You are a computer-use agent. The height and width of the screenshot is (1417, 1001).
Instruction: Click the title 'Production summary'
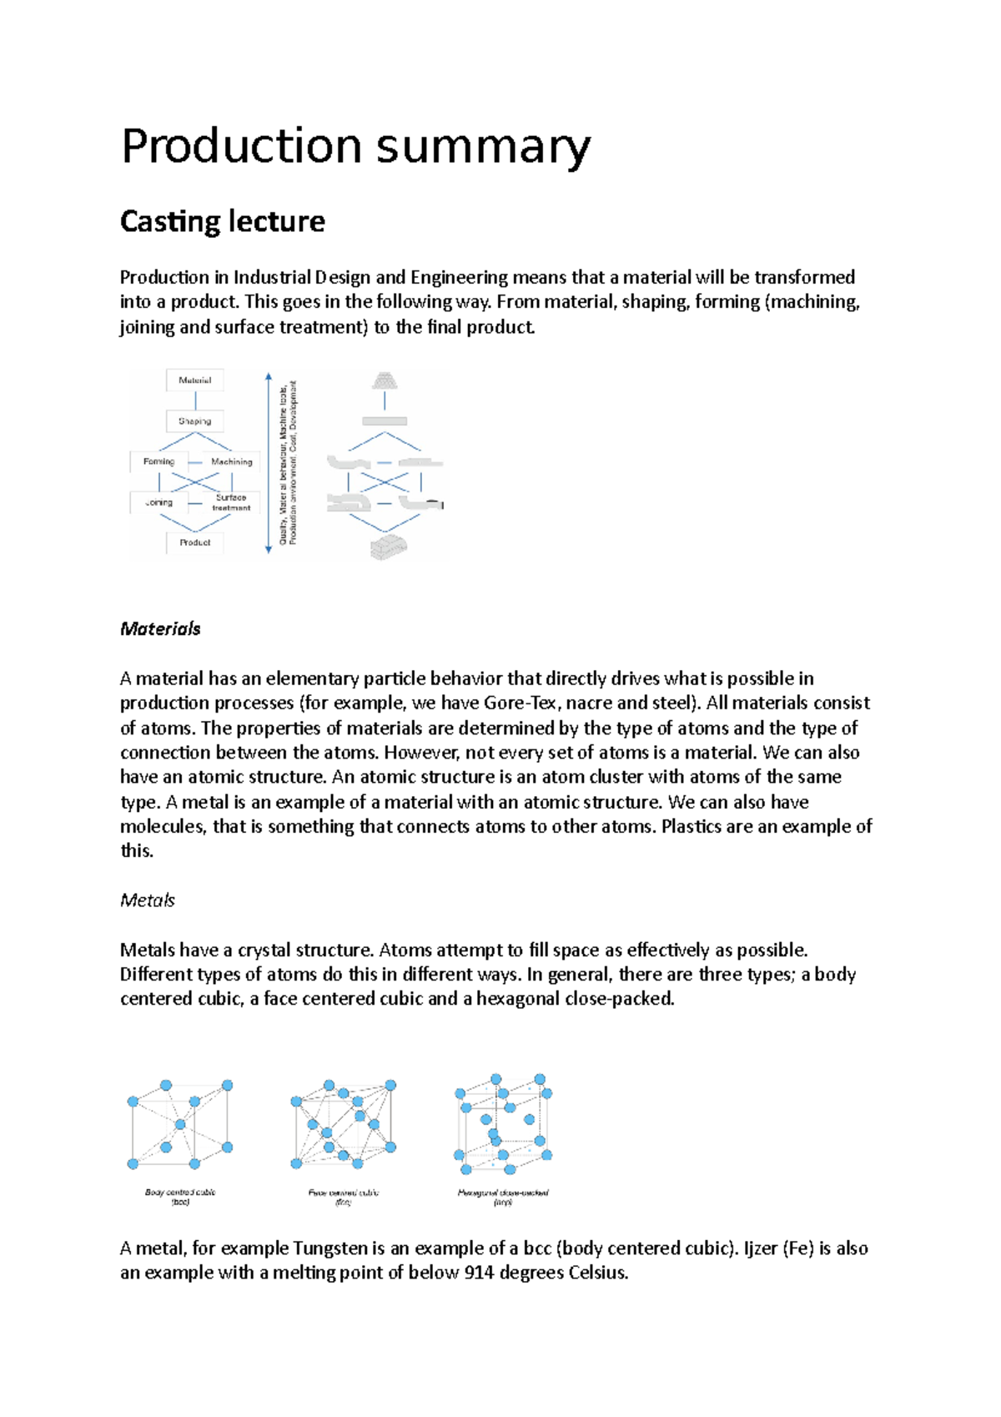click(x=356, y=146)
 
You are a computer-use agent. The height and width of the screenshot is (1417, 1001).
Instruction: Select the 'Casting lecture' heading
click(x=222, y=221)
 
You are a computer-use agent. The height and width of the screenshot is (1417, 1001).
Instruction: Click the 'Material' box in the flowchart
click(x=195, y=381)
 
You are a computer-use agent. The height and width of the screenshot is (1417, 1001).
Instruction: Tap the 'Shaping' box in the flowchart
click(x=195, y=421)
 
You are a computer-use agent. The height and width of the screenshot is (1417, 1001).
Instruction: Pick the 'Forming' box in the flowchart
click(x=159, y=461)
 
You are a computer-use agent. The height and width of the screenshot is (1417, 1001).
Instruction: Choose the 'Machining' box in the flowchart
click(x=231, y=461)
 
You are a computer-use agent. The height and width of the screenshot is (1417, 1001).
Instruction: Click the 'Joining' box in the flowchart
click(x=159, y=502)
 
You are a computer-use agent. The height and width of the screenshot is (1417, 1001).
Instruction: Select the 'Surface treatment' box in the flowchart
click(x=231, y=502)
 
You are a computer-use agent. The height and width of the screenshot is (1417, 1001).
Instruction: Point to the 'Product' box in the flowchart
click(x=195, y=542)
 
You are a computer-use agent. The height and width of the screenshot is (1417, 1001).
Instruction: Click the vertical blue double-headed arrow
click(x=269, y=463)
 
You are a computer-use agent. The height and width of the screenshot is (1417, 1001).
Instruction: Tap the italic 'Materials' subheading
click(x=160, y=629)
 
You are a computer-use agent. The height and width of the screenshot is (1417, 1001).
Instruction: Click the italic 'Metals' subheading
click(x=148, y=900)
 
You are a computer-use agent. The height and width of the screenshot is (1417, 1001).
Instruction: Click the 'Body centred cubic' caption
click(x=180, y=1193)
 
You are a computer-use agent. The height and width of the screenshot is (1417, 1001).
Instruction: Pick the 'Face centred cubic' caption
click(x=344, y=1193)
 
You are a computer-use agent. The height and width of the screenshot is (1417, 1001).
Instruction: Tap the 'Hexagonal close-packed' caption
click(x=503, y=1193)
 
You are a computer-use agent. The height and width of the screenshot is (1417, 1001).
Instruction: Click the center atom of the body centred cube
click(x=179, y=1125)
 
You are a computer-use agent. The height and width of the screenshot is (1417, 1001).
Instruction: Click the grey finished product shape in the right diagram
click(x=389, y=547)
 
